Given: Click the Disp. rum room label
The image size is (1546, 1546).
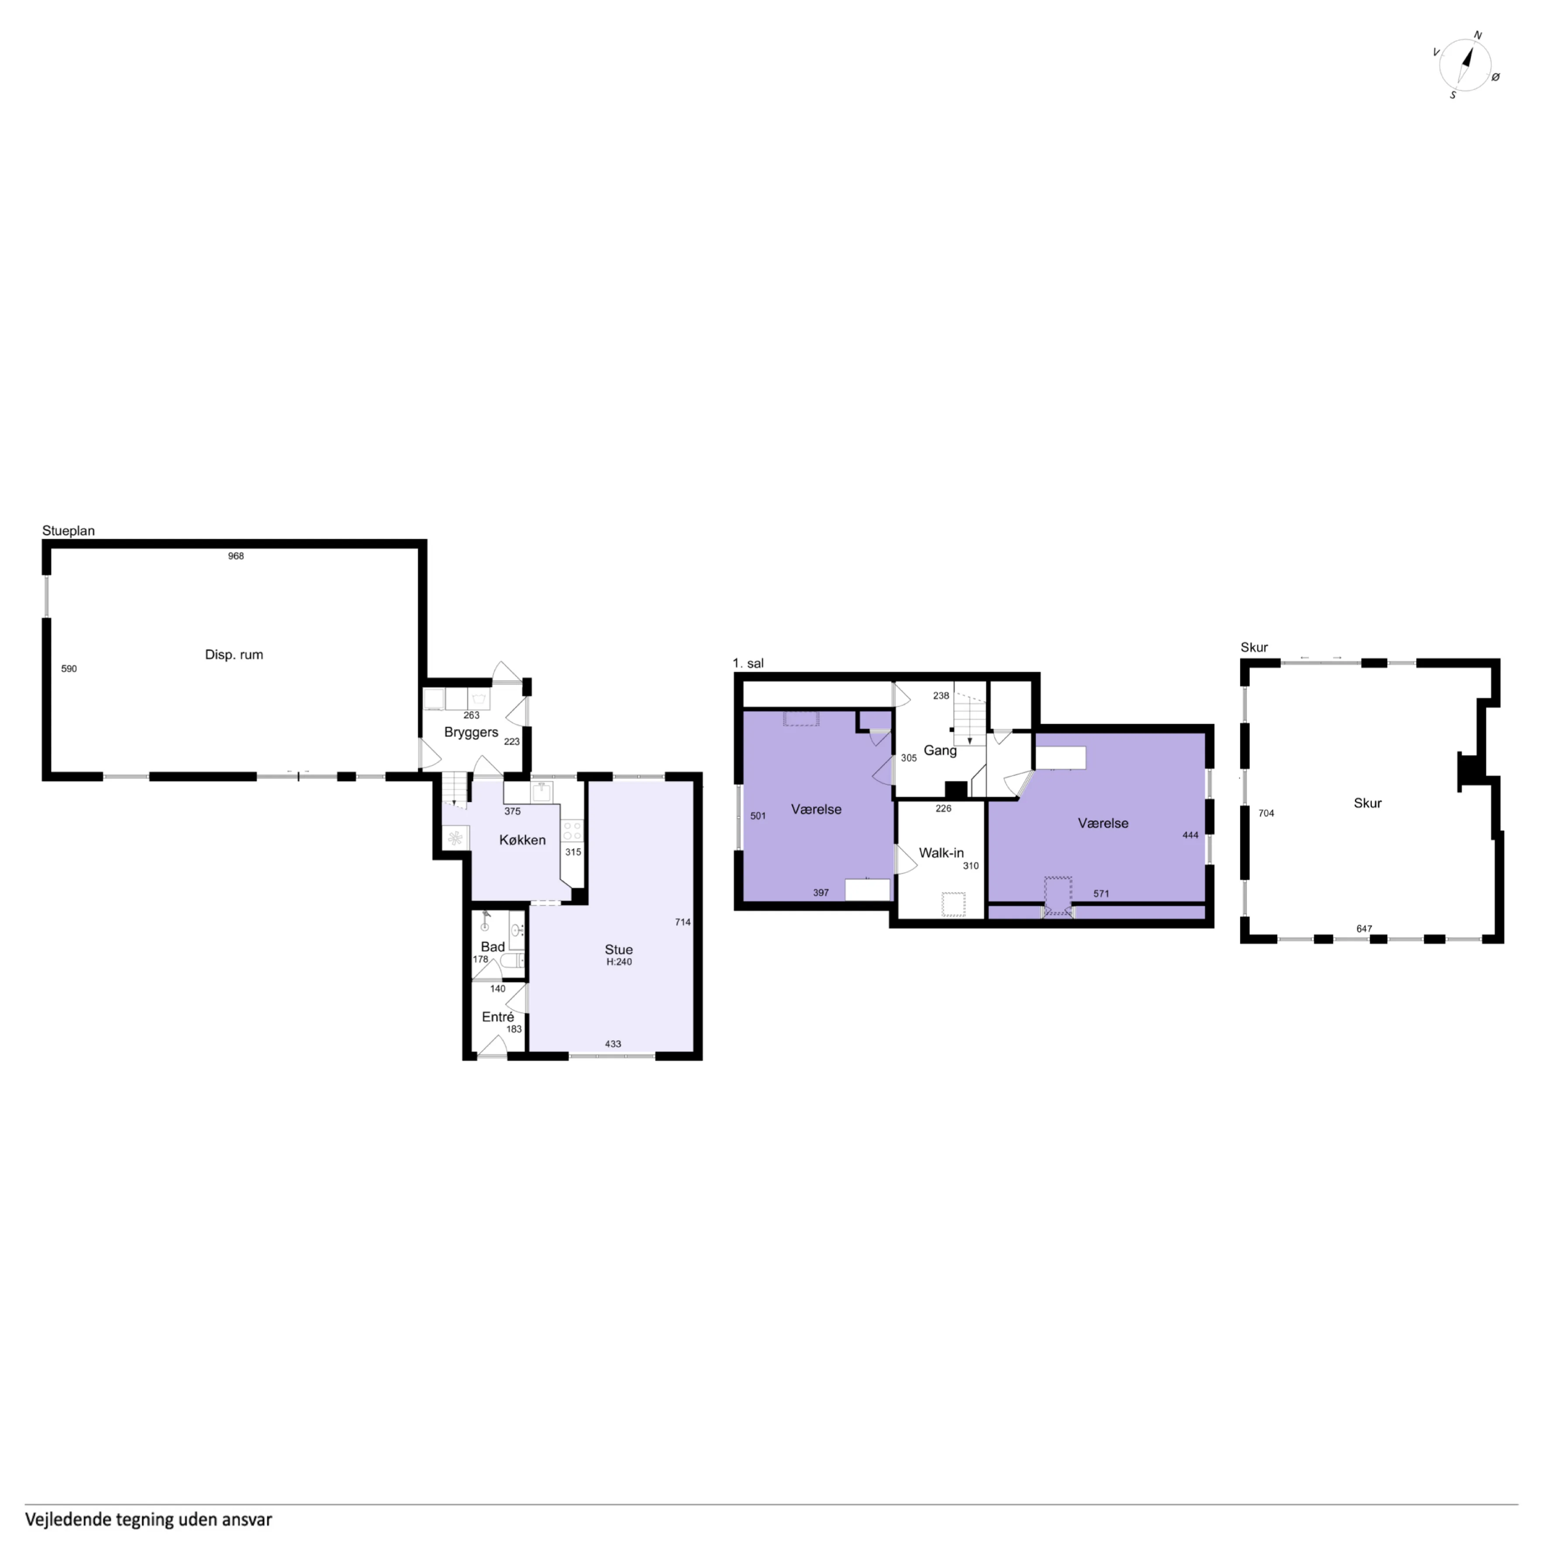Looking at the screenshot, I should tap(233, 655).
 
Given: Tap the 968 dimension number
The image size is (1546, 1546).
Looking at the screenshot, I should tap(235, 556).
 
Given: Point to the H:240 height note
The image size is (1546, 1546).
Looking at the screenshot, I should tap(619, 962).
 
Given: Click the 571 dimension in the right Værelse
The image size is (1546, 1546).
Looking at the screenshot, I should tap(1101, 894).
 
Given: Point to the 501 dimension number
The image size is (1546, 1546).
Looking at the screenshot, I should tap(758, 816).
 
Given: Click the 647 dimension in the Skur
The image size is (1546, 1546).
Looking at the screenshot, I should tap(1364, 929).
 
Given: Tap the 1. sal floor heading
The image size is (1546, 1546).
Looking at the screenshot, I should tap(748, 663).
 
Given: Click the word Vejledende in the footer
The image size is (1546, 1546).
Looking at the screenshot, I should tap(69, 1519).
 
